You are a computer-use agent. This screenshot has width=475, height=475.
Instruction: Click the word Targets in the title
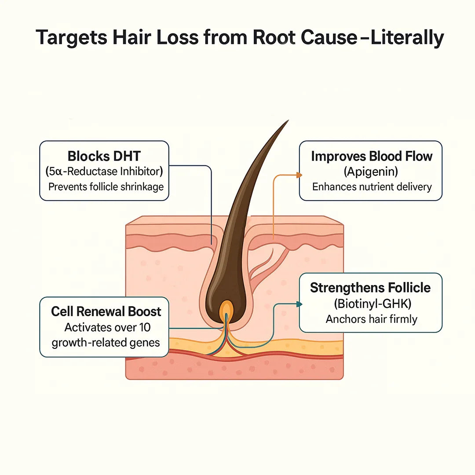pos(72,37)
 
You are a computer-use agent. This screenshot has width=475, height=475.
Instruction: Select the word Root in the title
pos(274,37)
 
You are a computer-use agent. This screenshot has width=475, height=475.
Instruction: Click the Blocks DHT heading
pos(104,156)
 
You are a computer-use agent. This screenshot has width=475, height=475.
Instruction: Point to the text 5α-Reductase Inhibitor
pos(104,172)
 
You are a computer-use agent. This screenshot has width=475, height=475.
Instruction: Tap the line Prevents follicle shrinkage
pos(106,186)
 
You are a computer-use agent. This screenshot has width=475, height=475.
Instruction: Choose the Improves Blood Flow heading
pos(372,156)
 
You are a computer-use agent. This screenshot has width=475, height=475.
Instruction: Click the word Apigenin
pos(371,172)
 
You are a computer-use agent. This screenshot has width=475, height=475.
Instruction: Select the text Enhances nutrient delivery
pos(372,186)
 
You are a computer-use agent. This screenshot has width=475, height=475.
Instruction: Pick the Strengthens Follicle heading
pos(370,288)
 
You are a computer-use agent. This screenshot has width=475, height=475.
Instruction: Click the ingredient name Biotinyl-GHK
pos(373,303)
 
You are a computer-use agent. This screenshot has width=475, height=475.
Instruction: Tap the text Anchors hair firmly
pos(371,319)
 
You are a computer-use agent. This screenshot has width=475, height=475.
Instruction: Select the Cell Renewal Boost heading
pos(106,311)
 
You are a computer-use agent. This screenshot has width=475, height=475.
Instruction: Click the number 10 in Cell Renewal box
pos(145,327)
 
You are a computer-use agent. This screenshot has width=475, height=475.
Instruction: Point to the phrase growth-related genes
pos(106,343)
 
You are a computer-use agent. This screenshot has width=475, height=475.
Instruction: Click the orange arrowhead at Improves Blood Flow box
pos(300,175)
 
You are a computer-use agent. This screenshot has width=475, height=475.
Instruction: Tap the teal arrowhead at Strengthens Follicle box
pos(300,304)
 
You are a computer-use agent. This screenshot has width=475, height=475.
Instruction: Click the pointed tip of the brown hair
pos(288,121)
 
